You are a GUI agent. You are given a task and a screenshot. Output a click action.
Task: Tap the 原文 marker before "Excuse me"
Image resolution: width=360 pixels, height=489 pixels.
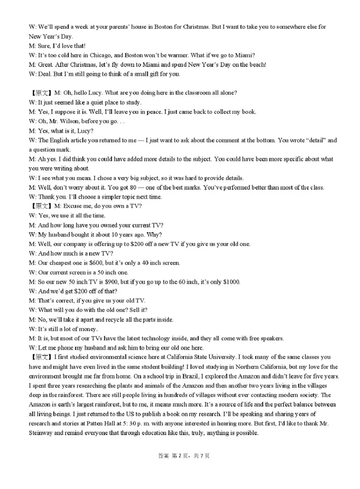42,206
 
